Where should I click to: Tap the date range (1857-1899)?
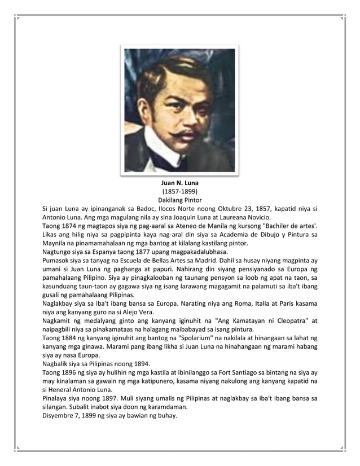pos(179,192)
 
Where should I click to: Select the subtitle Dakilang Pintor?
pos(179,200)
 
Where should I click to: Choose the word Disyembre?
pos(60,416)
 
